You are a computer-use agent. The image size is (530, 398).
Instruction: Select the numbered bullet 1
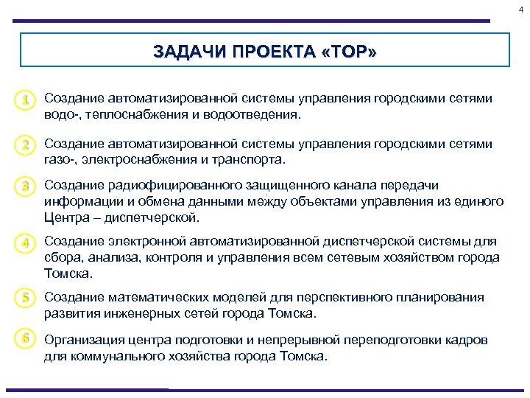coord(26,99)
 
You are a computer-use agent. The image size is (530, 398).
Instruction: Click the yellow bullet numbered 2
coord(26,145)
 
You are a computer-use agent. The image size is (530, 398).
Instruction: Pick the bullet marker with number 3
coord(26,187)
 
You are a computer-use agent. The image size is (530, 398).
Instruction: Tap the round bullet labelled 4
coord(26,242)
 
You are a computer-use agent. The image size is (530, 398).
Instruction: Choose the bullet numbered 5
coord(26,298)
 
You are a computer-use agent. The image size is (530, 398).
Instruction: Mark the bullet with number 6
coord(26,338)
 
